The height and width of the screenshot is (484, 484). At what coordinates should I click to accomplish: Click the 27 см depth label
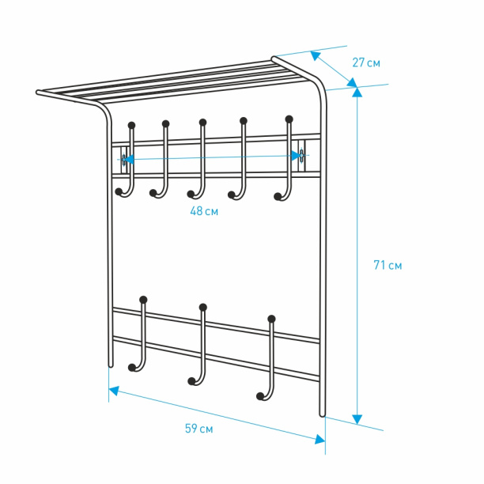click(x=366, y=62)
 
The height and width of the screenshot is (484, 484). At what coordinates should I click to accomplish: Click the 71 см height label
click(x=388, y=265)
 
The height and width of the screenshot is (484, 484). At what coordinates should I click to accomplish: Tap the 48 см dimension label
click(x=204, y=211)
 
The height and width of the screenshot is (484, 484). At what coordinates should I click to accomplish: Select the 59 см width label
click(x=199, y=429)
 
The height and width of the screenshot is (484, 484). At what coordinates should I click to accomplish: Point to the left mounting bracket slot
click(x=124, y=160)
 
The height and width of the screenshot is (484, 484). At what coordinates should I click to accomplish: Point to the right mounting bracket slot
click(x=301, y=155)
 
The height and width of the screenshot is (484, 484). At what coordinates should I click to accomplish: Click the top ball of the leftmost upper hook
click(x=132, y=125)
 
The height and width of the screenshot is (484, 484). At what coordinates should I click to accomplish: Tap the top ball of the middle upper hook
click(x=202, y=123)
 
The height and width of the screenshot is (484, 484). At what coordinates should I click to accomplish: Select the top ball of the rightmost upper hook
click(x=289, y=119)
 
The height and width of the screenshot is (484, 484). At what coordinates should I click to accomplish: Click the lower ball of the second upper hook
click(x=153, y=193)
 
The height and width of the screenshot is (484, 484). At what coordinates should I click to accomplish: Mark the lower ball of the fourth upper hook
click(x=232, y=195)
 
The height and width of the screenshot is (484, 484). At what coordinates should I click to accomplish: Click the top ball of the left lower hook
click(x=143, y=300)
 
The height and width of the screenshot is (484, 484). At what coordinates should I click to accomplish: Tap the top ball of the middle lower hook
click(x=203, y=307)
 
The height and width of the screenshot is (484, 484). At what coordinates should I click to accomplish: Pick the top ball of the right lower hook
click(x=271, y=319)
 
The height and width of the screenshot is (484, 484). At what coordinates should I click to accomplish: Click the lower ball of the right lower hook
click(x=260, y=396)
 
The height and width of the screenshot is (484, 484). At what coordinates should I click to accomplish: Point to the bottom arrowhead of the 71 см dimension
click(x=357, y=419)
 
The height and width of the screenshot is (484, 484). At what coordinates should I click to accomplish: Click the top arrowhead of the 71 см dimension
click(x=357, y=93)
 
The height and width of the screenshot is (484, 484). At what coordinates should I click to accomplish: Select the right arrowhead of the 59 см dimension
click(x=320, y=439)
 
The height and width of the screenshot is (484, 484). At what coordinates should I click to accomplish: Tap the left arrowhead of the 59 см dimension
click(x=114, y=391)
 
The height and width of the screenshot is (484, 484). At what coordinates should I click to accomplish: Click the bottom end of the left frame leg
click(x=111, y=366)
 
